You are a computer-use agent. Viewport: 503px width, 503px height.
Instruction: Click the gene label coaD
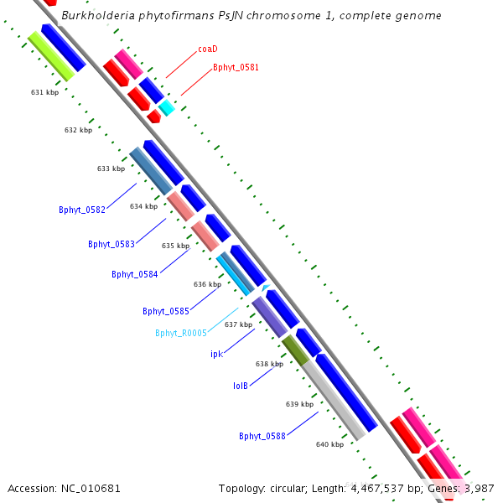208,49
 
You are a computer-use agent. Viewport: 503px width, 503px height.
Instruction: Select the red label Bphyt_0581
235,67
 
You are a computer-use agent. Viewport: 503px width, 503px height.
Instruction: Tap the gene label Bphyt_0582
82,210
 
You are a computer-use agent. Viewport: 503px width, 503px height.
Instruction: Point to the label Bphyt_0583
111,244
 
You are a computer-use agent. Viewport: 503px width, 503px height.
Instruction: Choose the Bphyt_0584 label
135,274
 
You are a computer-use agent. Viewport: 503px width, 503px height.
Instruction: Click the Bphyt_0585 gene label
166,311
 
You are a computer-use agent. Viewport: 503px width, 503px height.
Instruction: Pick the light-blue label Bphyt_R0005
180,333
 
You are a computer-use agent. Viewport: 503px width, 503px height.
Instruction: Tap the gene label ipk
216,354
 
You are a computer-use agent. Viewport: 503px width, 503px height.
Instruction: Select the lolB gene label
240,386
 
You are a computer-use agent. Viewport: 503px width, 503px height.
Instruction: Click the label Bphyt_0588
262,436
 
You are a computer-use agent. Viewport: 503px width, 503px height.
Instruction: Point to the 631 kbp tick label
44,92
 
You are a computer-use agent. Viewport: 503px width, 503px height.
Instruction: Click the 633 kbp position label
111,169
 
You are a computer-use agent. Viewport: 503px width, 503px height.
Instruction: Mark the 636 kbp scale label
207,284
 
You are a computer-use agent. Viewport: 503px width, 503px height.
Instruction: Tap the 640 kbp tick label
329,444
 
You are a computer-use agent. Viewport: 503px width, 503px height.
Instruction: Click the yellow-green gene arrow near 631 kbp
51,56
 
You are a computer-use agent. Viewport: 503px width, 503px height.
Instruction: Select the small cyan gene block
167,107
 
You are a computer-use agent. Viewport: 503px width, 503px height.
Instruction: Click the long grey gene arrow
333,399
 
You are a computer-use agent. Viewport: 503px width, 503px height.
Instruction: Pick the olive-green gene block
295,350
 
